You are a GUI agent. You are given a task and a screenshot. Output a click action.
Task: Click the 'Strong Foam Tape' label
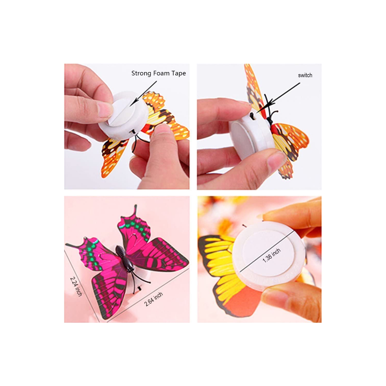[158, 73]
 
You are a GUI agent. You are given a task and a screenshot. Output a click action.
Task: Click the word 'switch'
[305, 75]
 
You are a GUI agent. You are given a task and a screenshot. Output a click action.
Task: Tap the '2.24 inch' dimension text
[76, 286]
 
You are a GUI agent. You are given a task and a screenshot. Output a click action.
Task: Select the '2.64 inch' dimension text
[153, 299]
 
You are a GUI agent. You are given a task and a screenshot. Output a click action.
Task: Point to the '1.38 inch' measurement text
[271, 255]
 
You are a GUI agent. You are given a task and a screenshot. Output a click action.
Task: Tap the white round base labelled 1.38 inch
[268, 255]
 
